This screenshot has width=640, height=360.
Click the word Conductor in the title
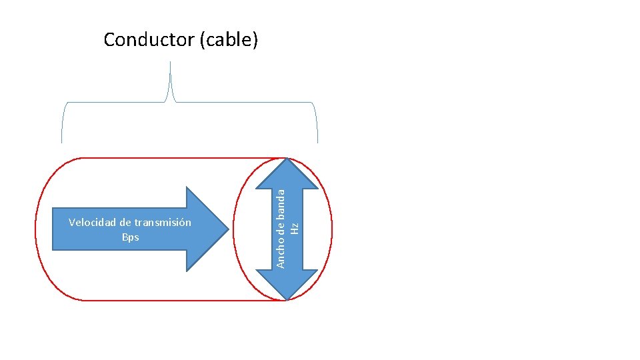(x=149, y=39)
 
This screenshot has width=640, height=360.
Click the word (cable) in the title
(x=229, y=40)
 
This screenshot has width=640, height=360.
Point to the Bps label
(x=131, y=237)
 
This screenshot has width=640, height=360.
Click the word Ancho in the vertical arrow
(x=281, y=257)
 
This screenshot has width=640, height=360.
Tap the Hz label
(x=294, y=229)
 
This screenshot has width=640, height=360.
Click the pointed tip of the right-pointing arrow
(x=229, y=229)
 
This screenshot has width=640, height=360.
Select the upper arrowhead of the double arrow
(x=287, y=175)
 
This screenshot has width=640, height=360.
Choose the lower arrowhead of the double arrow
(x=287, y=284)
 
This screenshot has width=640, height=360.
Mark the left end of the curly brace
(x=61, y=143)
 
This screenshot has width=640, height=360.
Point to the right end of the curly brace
(x=317, y=143)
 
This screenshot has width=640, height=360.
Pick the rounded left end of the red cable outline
(x=35, y=229)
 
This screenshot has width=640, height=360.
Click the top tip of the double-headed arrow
(x=287, y=159)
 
